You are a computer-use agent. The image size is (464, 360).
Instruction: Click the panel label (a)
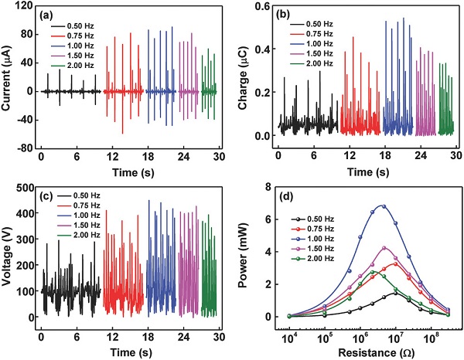click(x=50, y=15)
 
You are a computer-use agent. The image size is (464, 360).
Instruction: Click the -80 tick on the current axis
click(x=26, y=148)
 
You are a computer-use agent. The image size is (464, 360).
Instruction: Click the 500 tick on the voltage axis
click(x=24, y=188)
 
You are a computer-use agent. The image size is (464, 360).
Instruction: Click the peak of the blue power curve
click(x=381, y=205)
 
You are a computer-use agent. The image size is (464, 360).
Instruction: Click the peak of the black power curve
click(x=394, y=293)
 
